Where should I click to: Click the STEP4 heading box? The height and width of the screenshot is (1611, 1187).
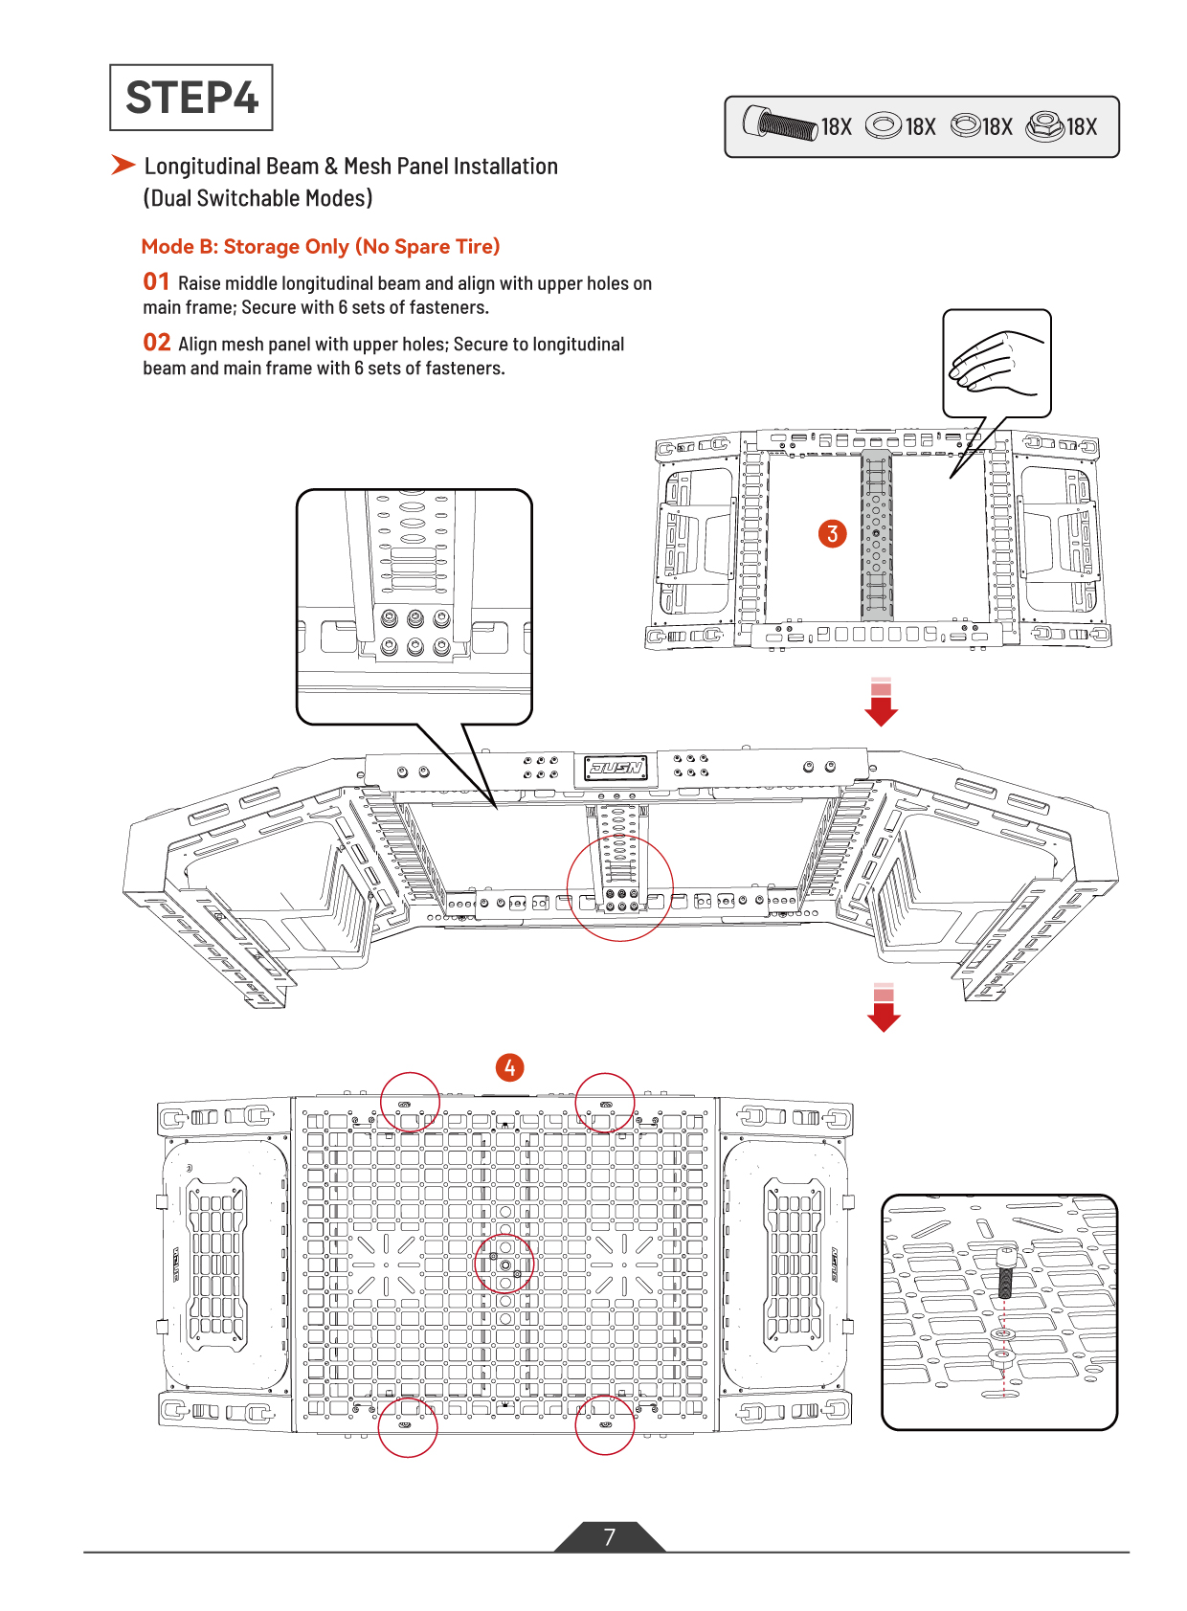click(x=190, y=97)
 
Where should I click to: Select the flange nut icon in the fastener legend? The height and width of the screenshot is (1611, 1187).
click(x=1044, y=125)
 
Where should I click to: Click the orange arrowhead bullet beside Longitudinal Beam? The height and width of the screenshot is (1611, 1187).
click(x=123, y=165)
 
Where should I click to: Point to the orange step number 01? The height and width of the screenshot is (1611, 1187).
click(x=156, y=281)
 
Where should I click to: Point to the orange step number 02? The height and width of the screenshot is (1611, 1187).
click(x=157, y=343)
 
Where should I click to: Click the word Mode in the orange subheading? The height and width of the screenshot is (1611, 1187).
click(x=168, y=247)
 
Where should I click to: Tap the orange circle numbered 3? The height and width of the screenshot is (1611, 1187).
click(x=833, y=533)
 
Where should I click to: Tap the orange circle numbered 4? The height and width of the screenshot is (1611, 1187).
click(x=509, y=1067)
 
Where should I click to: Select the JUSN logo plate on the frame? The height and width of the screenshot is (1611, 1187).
click(x=616, y=768)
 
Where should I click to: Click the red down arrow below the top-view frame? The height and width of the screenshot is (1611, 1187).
click(x=881, y=702)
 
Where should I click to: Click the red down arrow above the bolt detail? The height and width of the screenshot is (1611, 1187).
click(x=884, y=1007)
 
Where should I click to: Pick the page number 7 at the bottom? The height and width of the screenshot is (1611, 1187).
click(x=610, y=1537)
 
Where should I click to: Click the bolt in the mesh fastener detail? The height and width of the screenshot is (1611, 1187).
click(x=1005, y=1273)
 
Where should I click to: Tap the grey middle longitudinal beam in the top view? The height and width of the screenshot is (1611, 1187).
click(x=876, y=536)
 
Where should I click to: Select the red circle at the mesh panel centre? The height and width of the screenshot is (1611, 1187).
click(x=504, y=1264)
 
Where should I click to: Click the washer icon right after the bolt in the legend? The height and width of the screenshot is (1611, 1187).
click(x=883, y=125)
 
